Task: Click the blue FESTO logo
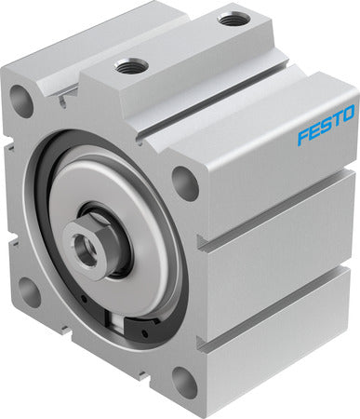[326, 125]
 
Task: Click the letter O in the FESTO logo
[348, 113]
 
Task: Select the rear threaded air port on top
[232, 20]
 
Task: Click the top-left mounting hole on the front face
[21, 100]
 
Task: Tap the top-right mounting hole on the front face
[185, 183]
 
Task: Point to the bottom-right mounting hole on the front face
[185, 381]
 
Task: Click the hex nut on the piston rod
[87, 241]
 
